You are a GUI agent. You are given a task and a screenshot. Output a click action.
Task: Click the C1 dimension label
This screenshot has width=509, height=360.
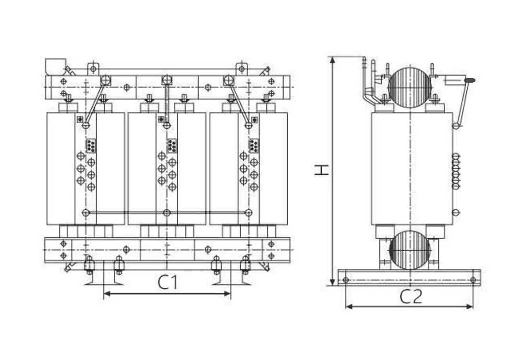[x=168, y=283]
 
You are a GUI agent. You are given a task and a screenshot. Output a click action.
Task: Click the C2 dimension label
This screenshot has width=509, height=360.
[x=411, y=297]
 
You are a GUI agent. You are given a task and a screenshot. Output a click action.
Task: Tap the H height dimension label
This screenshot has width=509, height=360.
[x=322, y=169]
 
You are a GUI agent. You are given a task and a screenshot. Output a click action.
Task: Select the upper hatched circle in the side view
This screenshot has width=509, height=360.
[x=410, y=87]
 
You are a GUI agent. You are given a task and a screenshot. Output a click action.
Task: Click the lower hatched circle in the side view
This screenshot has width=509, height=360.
[x=410, y=250]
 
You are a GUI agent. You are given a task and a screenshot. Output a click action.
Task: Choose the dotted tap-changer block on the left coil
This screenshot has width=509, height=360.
[x=91, y=145]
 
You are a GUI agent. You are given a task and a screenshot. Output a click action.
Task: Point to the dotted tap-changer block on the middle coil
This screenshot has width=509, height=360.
[x=172, y=145]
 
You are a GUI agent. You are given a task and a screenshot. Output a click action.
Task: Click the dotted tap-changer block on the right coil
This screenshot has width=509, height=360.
[x=254, y=145]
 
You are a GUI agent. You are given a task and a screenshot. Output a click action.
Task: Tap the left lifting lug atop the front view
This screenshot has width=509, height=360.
[x=93, y=68]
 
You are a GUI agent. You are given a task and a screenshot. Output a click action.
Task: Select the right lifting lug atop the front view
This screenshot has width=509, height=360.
[x=242, y=68]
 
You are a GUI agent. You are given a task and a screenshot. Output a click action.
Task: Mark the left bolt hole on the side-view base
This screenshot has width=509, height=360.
[x=345, y=279]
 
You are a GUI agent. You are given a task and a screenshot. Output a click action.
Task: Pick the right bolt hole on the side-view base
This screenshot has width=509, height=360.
[x=473, y=279]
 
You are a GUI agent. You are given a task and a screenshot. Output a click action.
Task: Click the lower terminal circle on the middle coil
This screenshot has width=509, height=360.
[x=167, y=213]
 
